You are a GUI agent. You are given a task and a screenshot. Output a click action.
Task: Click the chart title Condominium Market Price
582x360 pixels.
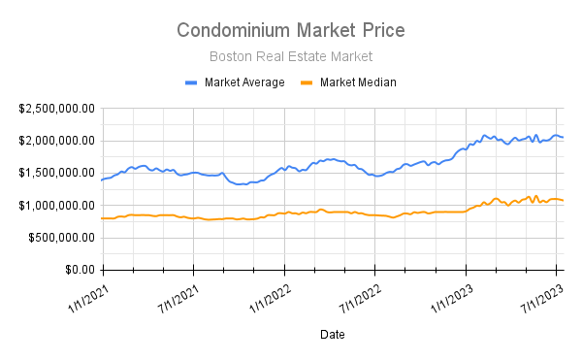coord(291,31)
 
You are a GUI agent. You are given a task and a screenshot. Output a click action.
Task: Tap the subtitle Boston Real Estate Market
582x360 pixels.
coord(291,57)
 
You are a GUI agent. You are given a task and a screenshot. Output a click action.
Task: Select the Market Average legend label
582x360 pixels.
coord(244,82)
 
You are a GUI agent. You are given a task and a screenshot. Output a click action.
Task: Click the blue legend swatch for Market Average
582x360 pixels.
coord(191,82)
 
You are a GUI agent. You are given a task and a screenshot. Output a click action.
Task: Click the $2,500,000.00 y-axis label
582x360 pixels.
coord(56,108)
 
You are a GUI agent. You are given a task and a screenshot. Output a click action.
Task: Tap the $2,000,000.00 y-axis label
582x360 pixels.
coord(56,141)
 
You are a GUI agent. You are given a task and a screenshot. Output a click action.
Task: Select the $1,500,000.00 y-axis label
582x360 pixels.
coord(56,173)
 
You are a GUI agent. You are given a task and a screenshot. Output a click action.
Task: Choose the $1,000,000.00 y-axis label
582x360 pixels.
coord(56,205)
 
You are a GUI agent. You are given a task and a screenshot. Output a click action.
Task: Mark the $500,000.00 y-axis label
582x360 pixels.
coord(61,238)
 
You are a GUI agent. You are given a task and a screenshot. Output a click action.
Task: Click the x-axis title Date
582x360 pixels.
coord(332,334)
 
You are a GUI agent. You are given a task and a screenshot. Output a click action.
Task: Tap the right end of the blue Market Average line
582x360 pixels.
coord(563,137)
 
